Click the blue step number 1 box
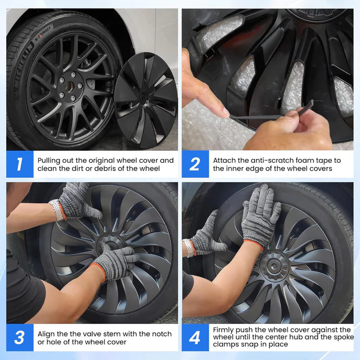[20, 164]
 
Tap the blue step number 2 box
[195, 164]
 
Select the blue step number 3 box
[20, 338]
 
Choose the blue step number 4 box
[195, 338]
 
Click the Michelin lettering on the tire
[23, 66]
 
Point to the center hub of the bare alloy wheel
[70, 87]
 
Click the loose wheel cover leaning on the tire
[146, 100]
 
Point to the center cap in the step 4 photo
[274, 266]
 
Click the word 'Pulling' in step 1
[49, 161]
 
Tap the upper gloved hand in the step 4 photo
[260, 218]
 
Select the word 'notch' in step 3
[160, 334]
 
